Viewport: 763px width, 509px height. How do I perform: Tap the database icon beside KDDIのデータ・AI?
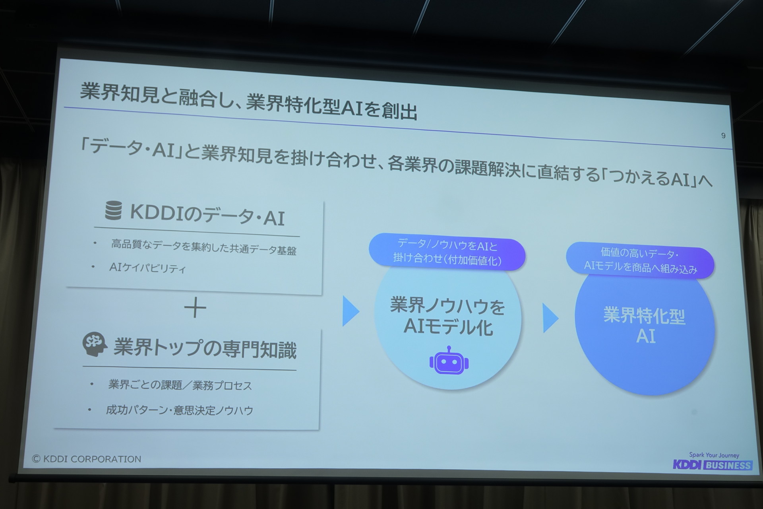click(x=113, y=210)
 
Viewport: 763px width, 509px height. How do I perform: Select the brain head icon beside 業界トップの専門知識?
click(x=95, y=344)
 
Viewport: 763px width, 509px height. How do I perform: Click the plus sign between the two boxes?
click(x=195, y=308)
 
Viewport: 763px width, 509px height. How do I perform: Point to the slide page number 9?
click(x=723, y=136)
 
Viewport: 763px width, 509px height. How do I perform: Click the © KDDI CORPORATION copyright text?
click(x=87, y=459)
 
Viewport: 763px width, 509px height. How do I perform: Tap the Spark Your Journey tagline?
click(x=714, y=455)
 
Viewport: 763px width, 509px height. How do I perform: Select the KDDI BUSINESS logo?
click(x=713, y=465)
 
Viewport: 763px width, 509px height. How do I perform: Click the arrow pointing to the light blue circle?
click(x=351, y=311)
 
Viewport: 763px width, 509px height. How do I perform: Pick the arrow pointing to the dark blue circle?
click(x=551, y=318)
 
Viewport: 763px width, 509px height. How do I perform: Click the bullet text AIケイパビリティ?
click(x=147, y=268)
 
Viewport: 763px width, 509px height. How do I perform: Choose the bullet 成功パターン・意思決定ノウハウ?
click(x=179, y=410)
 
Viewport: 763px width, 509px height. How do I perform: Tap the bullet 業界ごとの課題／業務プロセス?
click(x=180, y=385)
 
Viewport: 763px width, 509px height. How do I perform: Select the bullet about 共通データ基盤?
click(x=203, y=247)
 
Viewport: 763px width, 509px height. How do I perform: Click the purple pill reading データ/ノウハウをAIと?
click(x=447, y=252)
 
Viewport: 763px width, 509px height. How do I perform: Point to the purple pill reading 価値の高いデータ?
click(x=640, y=260)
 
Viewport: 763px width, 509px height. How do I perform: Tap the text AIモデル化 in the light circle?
click(x=448, y=327)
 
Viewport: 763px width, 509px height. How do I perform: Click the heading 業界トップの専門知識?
click(x=205, y=349)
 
